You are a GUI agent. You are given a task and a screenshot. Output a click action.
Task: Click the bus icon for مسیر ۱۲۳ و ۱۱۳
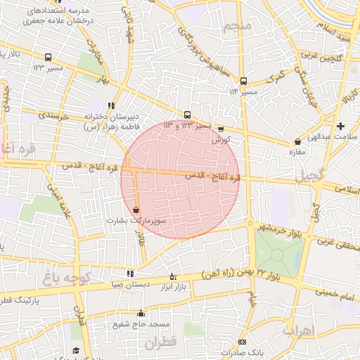[187, 115]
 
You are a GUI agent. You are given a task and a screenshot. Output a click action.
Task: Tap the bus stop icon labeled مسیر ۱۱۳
[243, 81]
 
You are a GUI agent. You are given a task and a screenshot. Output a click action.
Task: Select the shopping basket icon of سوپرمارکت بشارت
[136, 210]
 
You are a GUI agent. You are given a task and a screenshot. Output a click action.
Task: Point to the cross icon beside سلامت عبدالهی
[341, 126]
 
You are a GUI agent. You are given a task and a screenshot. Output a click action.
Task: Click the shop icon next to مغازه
[298, 142]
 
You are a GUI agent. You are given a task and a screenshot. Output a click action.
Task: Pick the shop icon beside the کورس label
[221, 129]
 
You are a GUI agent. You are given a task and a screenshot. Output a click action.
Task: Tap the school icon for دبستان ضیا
[130, 274]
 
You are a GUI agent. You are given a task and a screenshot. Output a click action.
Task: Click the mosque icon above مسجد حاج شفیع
[141, 314]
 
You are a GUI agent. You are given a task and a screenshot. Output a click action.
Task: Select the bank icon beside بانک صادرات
[224, 352]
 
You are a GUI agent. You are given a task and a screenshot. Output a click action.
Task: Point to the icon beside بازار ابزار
[173, 276]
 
